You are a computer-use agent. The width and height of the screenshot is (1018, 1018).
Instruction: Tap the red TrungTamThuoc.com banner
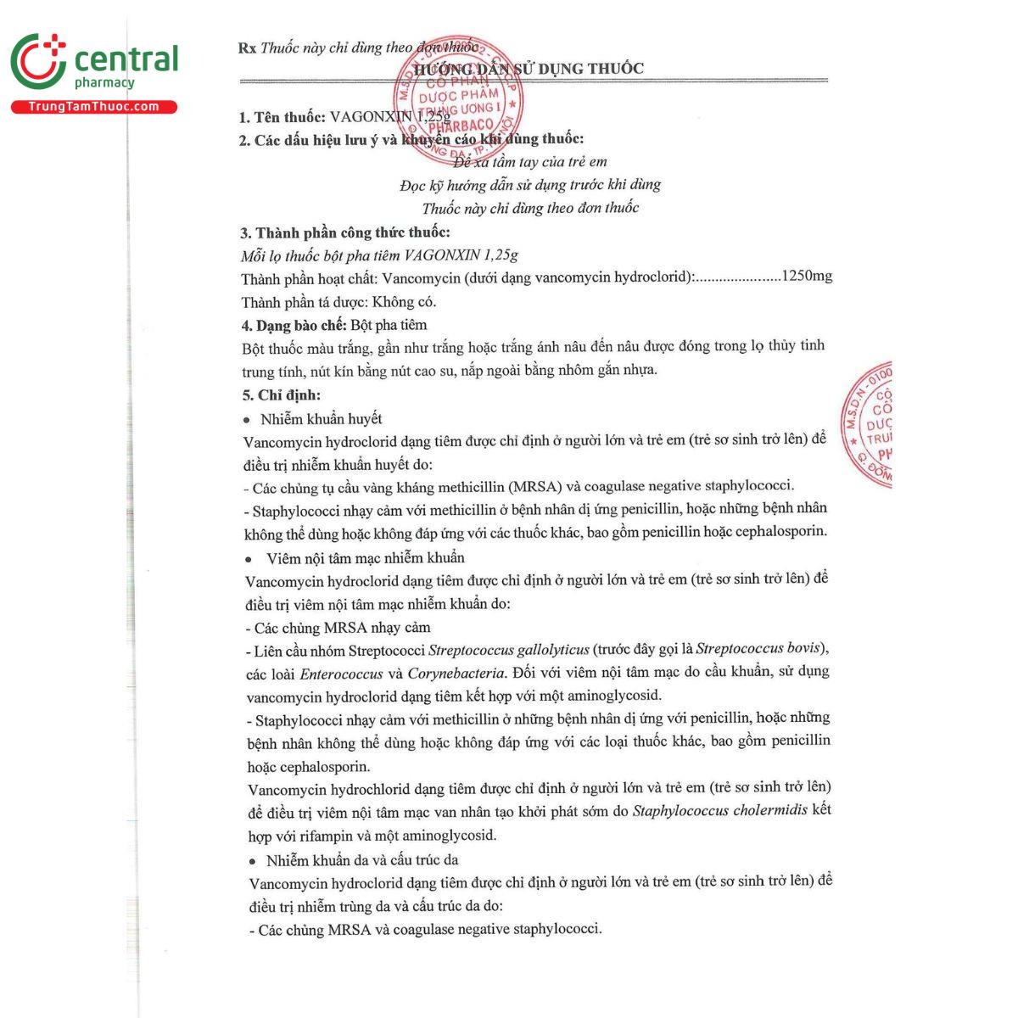click(x=93, y=107)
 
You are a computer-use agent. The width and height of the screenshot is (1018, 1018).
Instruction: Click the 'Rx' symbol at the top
click(x=247, y=48)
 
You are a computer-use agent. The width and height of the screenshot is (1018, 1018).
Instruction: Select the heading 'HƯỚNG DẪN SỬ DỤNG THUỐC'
click(x=529, y=69)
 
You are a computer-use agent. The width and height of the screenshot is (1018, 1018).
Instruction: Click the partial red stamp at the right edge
click(x=866, y=424)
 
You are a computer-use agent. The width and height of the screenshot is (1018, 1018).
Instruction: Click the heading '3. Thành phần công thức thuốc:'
click(x=344, y=232)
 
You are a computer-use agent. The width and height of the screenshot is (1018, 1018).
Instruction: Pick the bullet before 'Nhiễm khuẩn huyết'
click(x=247, y=420)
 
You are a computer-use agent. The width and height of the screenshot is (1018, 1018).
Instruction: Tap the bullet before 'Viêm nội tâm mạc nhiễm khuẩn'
click(x=249, y=559)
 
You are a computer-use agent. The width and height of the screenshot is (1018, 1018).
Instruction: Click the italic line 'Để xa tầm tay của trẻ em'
click(x=530, y=161)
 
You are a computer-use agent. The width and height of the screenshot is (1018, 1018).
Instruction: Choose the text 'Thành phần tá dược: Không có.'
click(x=338, y=302)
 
